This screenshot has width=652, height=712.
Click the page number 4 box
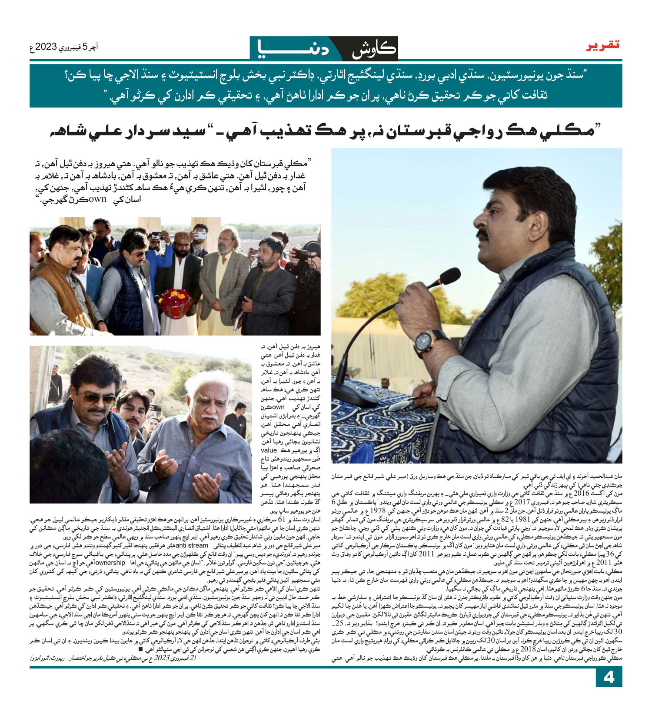point(609,678)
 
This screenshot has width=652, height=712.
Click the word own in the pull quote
point(97,200)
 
